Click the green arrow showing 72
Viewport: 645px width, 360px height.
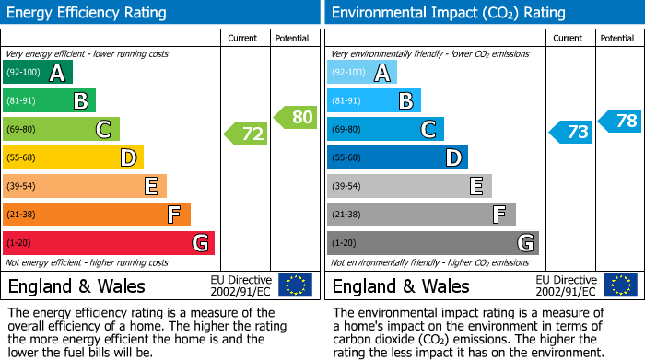tap(247, 134)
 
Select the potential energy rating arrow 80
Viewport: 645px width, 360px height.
tap(297, 117)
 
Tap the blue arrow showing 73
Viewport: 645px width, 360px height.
tap(572, 133)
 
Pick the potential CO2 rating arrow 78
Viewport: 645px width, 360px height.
tap(621, 121)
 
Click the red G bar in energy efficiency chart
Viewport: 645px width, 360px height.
tap(109, 243)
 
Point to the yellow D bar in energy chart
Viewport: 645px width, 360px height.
tap(74, 158)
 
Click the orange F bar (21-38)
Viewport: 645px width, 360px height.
tap(97, 215)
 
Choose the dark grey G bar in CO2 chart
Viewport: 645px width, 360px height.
tap(432, 243)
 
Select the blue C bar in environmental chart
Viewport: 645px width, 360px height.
tap(385, 130)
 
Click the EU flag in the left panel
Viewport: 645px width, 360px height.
tap(295, 285)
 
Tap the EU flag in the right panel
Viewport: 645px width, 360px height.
tap(620, 285)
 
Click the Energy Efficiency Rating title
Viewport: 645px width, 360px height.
tap(88, 13)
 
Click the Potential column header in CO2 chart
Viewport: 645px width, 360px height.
tap(617, 38)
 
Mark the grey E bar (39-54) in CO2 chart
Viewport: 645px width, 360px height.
tap(409, 186)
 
